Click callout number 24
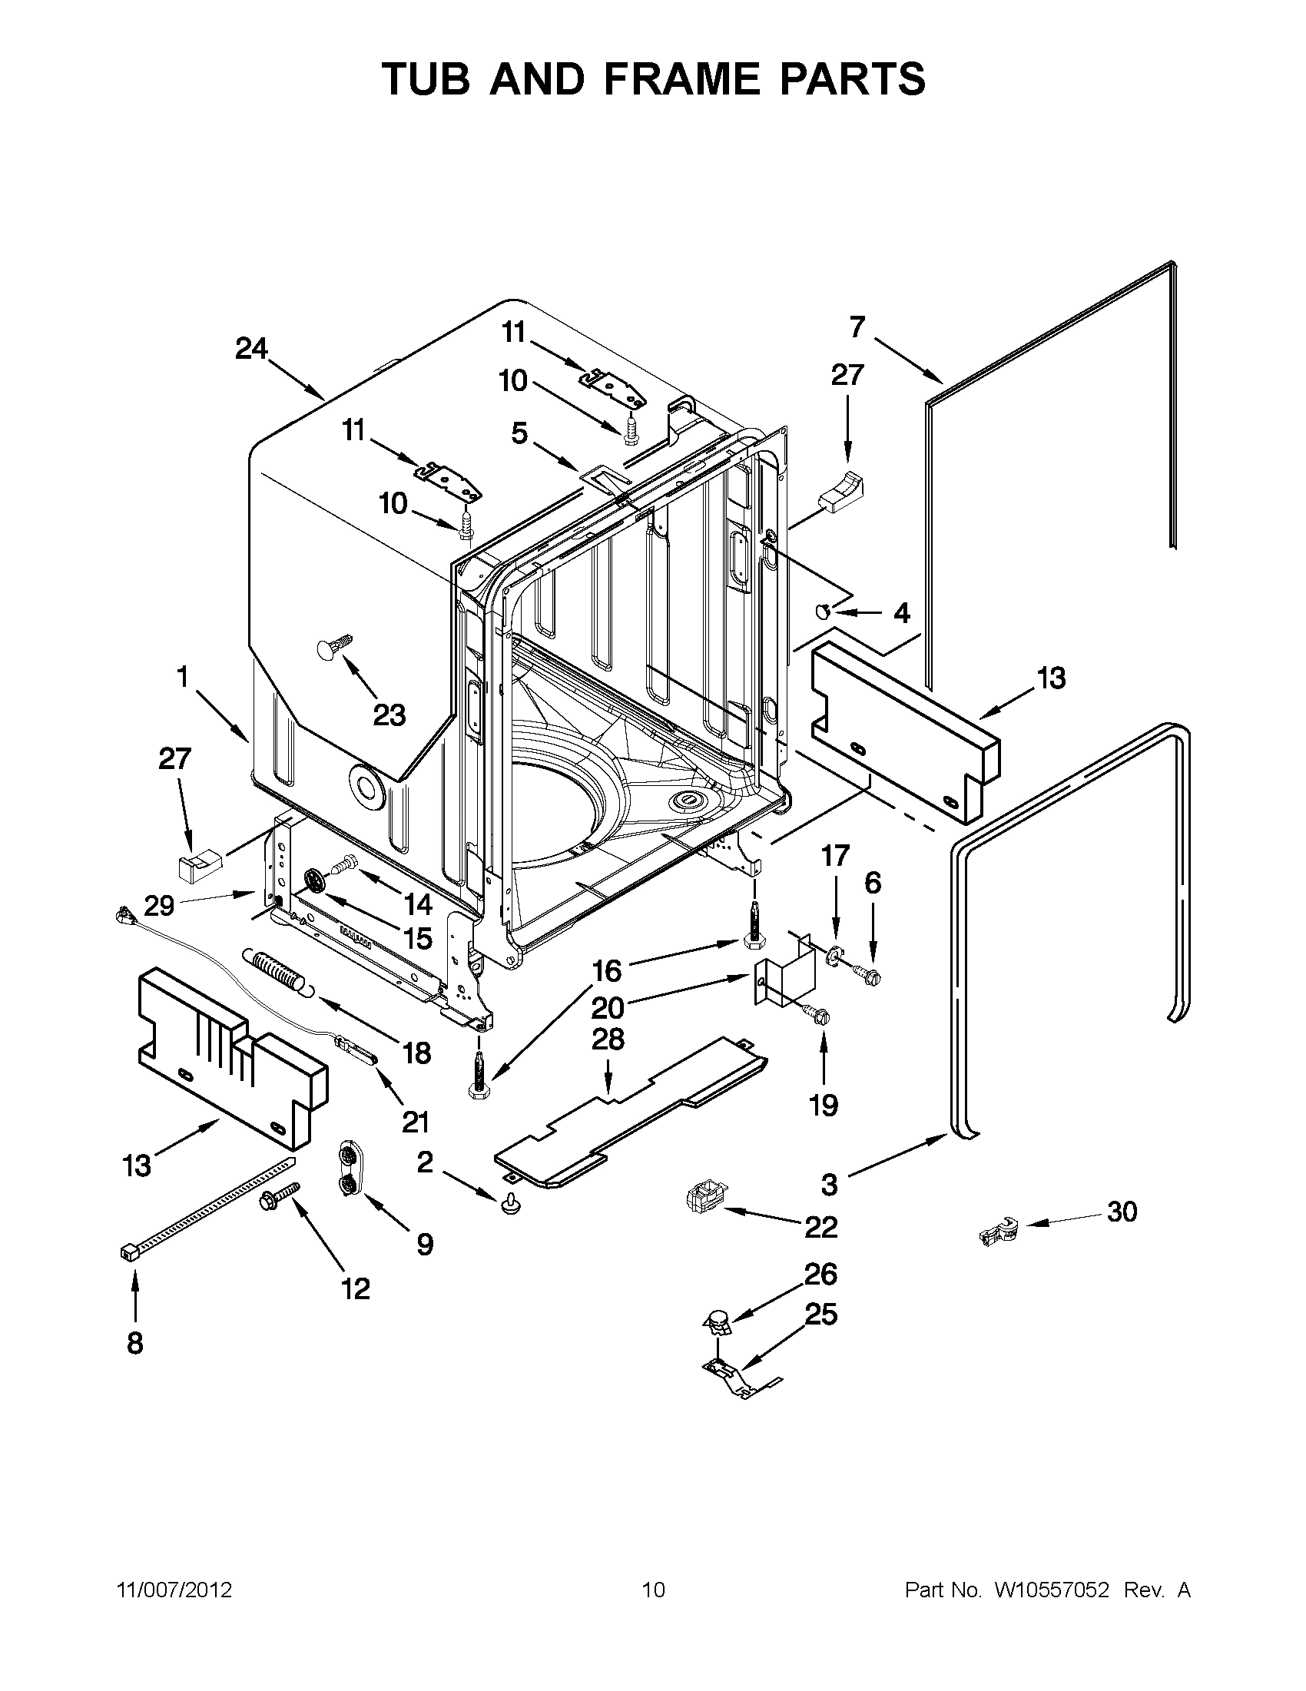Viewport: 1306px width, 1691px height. pyautogui.click(x=252, y=350)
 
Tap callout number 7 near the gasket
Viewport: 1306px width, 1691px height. pyautogui.click(x=857, y=327)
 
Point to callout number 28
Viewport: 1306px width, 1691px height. pyautogui.click(x=608, y=1039)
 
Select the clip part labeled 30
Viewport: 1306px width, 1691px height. pyautogui.click(x=998, y=1230)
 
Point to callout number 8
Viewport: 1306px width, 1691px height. pyautogui.click(x=134, y=1344)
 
